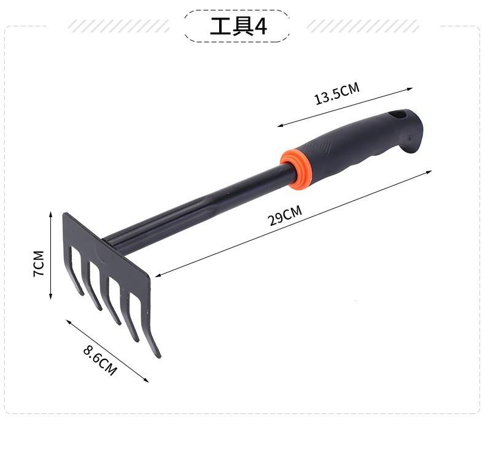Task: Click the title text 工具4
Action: pyautogui.click(x=238, y=26)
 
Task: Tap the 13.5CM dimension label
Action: pyautogui.click(x=337, y=93)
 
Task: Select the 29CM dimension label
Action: pyautogui.click(x=285, y=216)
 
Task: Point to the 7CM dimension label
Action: pyautogui.click(x=39, y=264)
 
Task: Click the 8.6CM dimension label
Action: pyautogui.click(x=100, y=360)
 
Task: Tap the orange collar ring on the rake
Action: pyautogui.click(x=295, y=169)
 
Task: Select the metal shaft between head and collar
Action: pyautogui.click(x=198, y=210)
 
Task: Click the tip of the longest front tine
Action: pyautogui.click(x=159, y=357)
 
